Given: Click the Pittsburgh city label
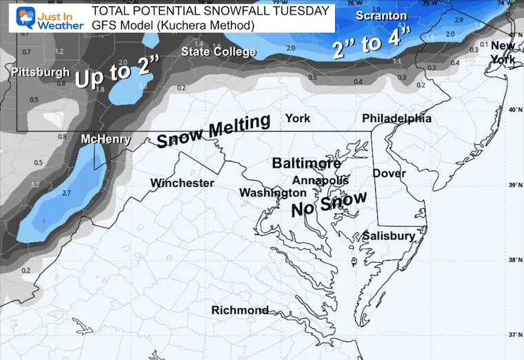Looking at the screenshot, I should [41, 72].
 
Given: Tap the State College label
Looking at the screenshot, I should [219, 52].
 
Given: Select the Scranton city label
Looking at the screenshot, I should [381, 14].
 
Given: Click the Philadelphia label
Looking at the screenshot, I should [396, 118].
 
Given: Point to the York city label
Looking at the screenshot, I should [298, 117].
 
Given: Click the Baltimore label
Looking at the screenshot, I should [306, 163].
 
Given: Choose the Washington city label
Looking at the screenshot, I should [273, 193].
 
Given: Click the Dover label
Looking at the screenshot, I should [390, 173].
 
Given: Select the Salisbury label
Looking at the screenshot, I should [390, 236].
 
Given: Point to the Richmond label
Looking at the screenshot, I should [240, 310].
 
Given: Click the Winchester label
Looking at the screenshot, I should [182, 183].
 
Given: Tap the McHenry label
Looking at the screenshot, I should [105, 139].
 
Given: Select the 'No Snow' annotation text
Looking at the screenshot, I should [328, 204].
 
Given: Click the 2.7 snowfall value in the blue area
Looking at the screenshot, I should [67, 193].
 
